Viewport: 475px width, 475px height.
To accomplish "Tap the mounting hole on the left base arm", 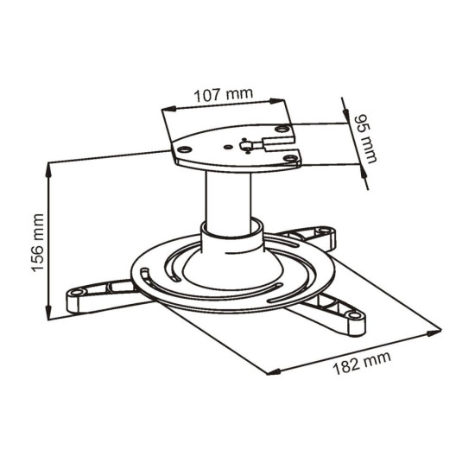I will [78, 294].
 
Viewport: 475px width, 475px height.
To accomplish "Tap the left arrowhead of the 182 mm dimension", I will [270, 373].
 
